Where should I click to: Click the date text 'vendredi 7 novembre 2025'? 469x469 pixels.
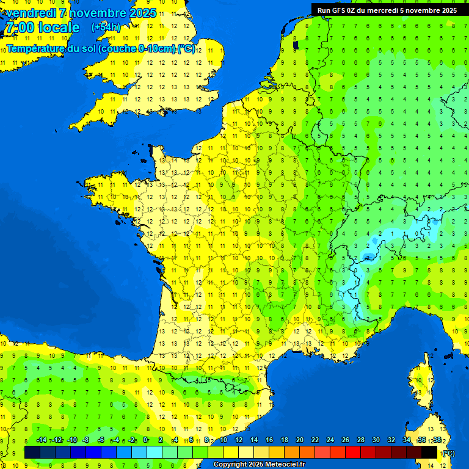tap(81, 13)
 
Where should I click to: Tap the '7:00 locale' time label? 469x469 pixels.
tap(42, 27)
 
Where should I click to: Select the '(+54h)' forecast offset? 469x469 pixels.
tap(106, 27)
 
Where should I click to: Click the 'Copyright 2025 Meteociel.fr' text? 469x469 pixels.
tap(259, 465)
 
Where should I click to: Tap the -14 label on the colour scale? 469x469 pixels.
tap(42, 440)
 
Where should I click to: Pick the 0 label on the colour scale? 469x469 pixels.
tap(145, 440)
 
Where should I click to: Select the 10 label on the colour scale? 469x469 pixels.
tap(223, 440)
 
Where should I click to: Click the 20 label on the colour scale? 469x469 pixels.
tap(299, 440)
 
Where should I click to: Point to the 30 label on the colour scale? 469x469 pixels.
tap(376, 440)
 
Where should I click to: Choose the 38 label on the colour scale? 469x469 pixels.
tap(437, 440)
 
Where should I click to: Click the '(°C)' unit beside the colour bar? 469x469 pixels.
tap(448, 453)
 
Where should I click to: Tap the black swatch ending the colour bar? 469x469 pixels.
tap(429, 453)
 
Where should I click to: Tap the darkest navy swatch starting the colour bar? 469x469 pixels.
tap(32, 453)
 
